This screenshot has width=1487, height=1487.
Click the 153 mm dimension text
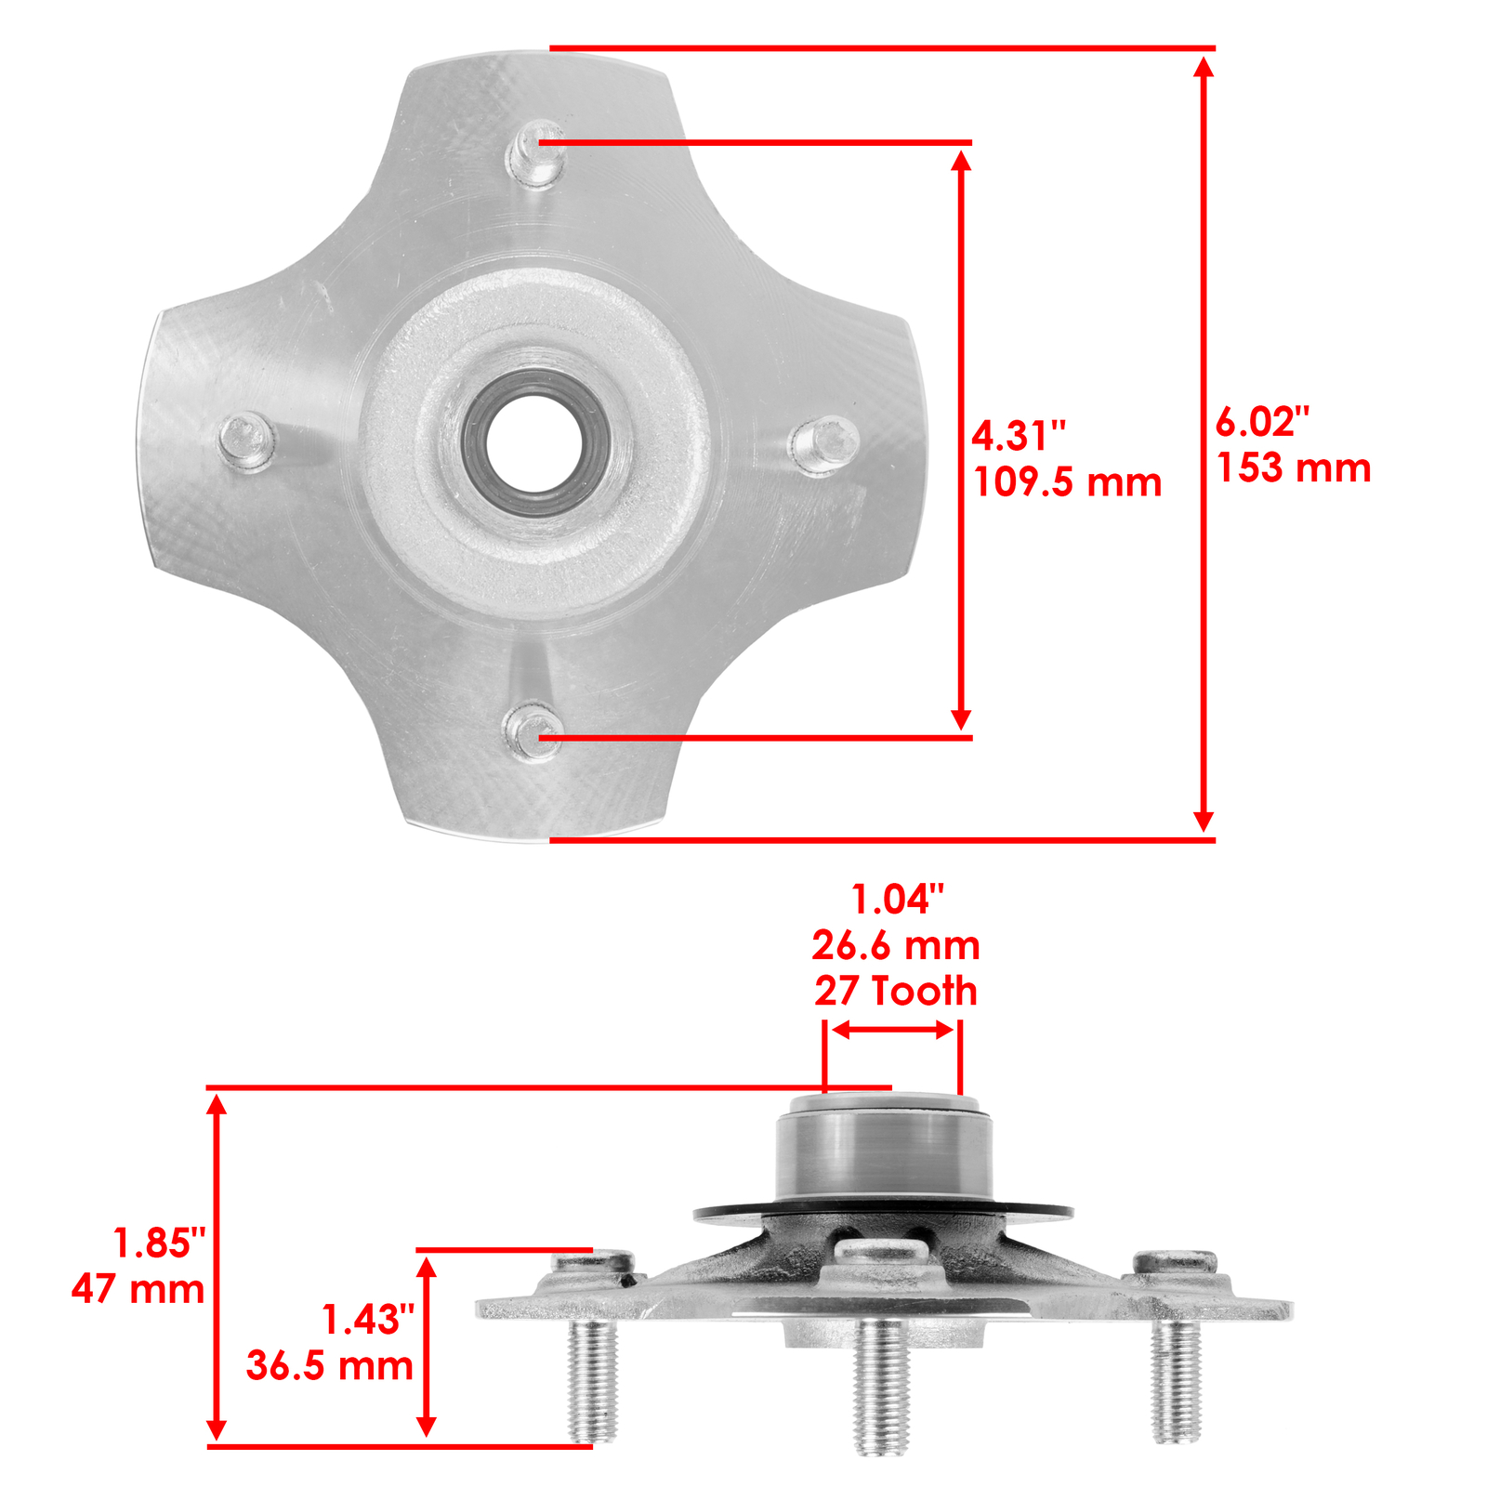tap(1294, 467)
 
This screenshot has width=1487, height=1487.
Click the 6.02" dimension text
tap(1262, 422)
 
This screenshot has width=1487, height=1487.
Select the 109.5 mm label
tap(1067, 482)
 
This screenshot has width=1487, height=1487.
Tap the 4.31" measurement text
tap(1019, 436)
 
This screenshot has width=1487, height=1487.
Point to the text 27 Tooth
tap(896, 991)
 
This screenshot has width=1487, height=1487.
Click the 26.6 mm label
tap(896, 946)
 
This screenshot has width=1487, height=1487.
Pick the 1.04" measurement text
tap(896, 900)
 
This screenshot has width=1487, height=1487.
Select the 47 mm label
tap(138, 1289)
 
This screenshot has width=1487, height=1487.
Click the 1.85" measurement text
tap(158, 1244)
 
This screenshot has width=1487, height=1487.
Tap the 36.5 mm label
tap(329, 1365)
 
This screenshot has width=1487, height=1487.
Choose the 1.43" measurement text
tap(367, 1320)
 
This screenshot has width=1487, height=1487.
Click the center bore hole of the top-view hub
tap(533, 443)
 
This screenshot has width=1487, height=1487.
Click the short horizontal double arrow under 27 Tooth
tap(892, 1029)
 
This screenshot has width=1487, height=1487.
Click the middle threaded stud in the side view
tap(881, 1385)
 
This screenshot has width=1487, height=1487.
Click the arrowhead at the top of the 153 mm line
tap(1204, 67)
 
